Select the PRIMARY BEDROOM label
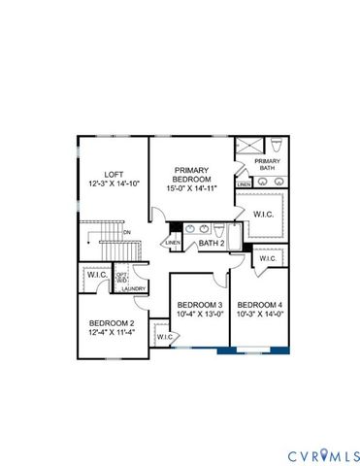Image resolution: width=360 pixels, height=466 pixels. tap(191, 175)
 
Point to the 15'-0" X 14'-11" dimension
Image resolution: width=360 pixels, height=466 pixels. tap(191, 186)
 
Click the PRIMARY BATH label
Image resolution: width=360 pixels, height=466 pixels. tap(266, 164)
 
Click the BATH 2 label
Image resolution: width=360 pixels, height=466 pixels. tap(212, 244)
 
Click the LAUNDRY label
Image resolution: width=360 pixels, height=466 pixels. tap(133, 287)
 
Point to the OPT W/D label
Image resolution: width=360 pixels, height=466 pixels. tap(122, 277)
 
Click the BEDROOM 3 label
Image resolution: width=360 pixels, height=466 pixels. tap(199, 305)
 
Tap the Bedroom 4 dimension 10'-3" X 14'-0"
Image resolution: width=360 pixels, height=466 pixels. tap(259, 313)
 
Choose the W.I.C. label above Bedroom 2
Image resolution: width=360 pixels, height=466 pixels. tap(97, 275)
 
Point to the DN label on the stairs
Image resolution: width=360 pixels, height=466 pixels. tap(126, 233)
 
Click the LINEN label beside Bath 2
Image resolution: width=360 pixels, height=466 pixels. tap(173, 243)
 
